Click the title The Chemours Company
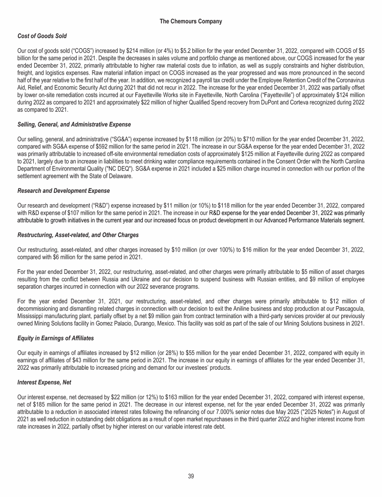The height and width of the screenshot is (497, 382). point(191,21)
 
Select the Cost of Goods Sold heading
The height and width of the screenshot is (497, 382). point(42,36)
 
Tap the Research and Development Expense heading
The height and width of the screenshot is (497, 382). point(63,191)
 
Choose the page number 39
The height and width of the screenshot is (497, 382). point(191,476)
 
